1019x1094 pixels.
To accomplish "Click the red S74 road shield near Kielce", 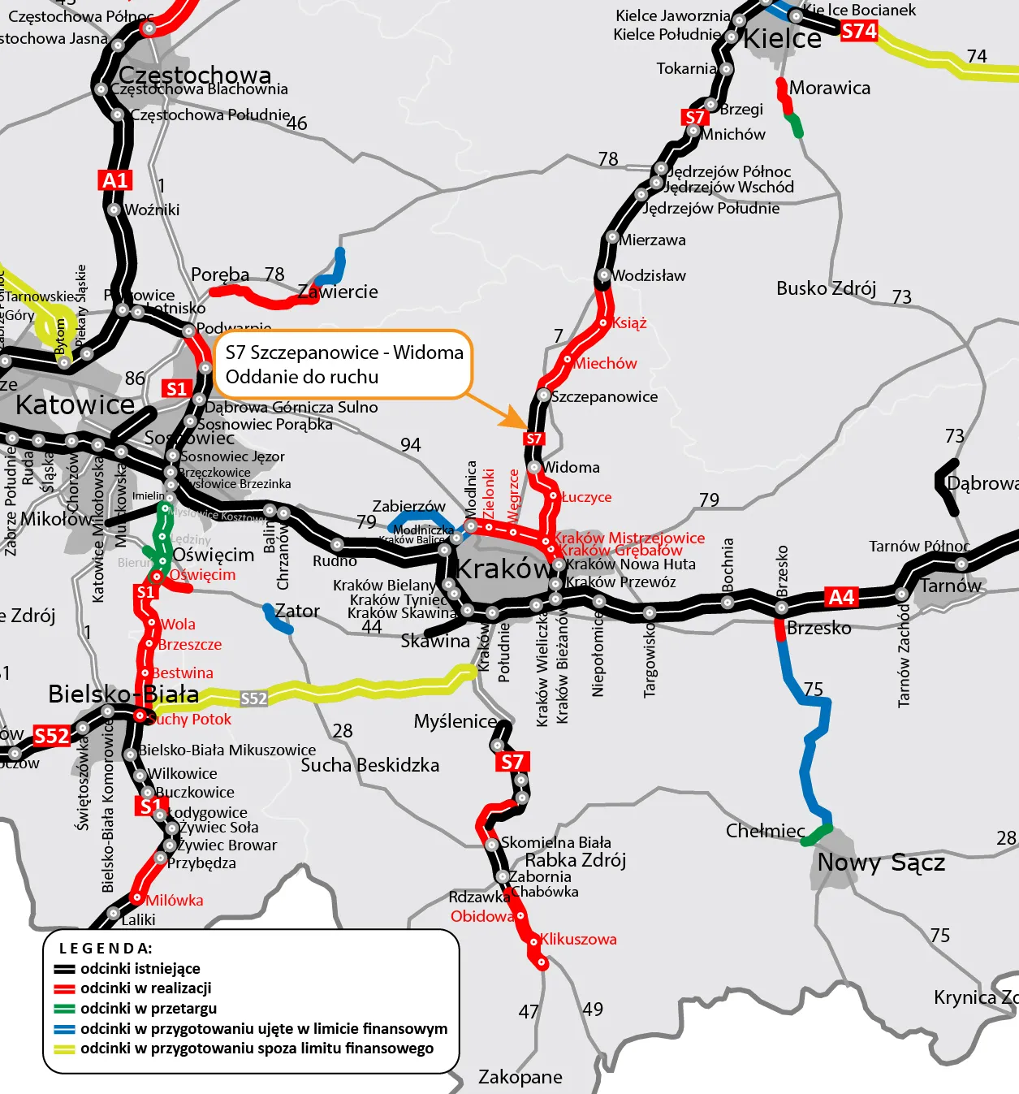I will [859, 32].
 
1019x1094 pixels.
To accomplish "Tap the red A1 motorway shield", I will [115, 180].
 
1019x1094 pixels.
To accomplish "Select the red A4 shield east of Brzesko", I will [841, 598].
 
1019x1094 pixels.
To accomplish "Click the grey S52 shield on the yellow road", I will [253, 698].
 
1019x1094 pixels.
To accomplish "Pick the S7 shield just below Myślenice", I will [512, 762].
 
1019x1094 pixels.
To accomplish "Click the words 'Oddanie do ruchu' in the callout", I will [302, 377].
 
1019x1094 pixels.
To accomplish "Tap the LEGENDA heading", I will [106, 948].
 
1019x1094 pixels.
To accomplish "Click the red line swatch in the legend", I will [65, 988].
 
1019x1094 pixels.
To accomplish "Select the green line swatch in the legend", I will [65, 1009].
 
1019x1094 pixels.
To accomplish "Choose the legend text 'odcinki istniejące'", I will [140, 968].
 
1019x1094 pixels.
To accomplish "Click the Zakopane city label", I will [520, 1077].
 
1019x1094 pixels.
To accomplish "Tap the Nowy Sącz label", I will [881, 862].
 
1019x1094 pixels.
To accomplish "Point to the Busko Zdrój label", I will [826, 288].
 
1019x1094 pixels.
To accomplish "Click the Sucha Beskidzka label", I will [369, 765].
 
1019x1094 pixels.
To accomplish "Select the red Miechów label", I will [605, 363].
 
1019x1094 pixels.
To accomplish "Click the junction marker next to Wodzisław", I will [603, 275].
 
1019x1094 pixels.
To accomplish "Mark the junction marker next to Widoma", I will [533, 467].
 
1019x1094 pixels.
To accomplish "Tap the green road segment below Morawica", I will [796, 126].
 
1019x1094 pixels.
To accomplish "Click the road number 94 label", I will [411, 445].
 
